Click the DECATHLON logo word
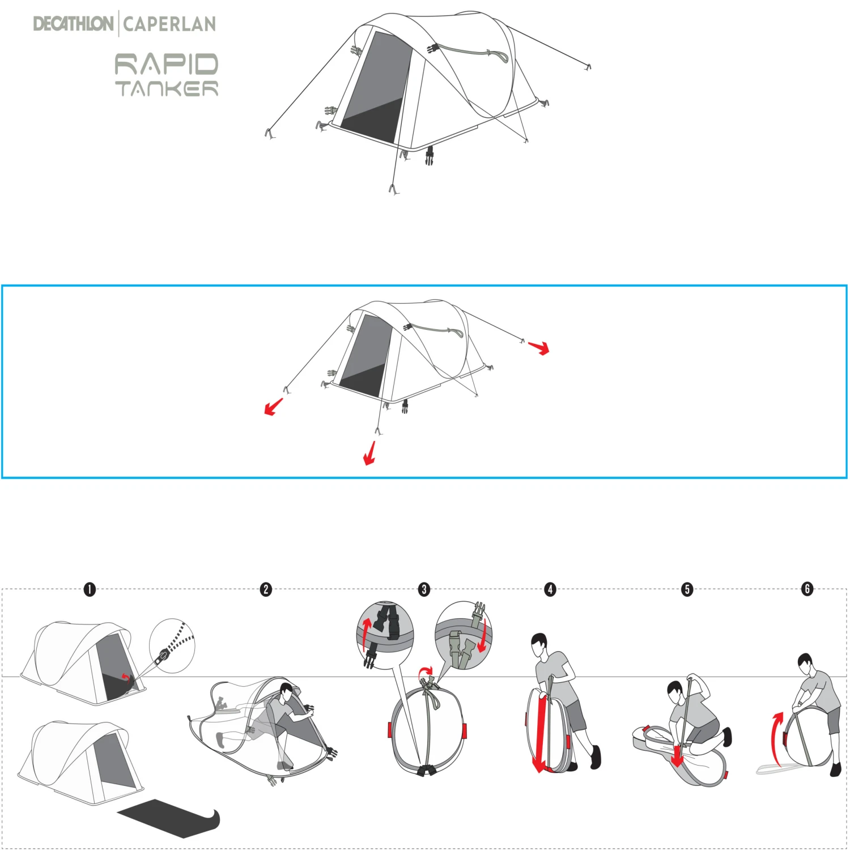(x=73, y=24)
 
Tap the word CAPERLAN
(x=169, y=24)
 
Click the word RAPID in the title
(x=167, y=64)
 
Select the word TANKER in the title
(x=167, y=88)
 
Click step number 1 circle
(x=90, y=589)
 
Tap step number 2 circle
(x=266, y=589)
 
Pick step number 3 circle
(x=424, y=589)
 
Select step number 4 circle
(x=550, y=589)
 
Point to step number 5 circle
(x=687, y=589)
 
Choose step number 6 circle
(x=807, y=589)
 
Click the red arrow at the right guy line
(x=539, y=347)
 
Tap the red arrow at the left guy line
(x=274, y=407)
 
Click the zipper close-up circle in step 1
(x=172, y=645)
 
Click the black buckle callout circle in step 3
(x=385, y=635)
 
